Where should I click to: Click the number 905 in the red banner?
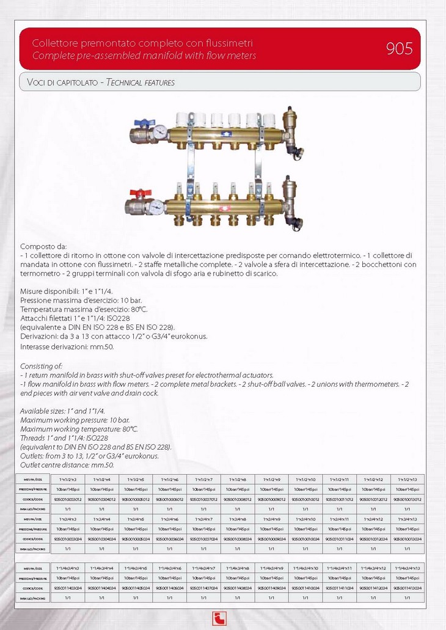click(x=399, y=49)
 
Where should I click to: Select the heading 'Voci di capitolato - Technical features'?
click(x=101, y=82)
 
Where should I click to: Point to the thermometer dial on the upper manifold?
click(x=160, y=131)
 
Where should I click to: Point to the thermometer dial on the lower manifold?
click(x=157, y=207)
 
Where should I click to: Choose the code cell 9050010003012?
click(x=67, y=499)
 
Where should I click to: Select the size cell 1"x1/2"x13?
click(x=407, y=480)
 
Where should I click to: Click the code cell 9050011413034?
click(x=407, y=588)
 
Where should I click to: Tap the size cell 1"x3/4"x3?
click(x=67, y=519)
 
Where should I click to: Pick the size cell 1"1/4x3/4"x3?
click(x=67, y=568)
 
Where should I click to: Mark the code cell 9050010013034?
click(x=407, y=539)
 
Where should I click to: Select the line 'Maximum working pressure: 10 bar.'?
click(x=75, y=420)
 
